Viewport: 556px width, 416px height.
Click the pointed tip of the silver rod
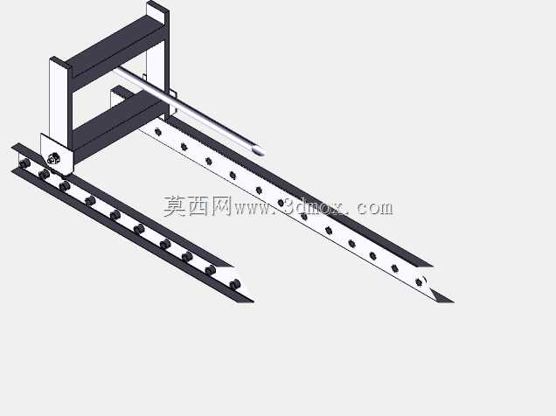pyautogui.click(x=263, y=153)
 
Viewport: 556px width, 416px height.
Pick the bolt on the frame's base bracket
pyautogui.click(x=53, y=158)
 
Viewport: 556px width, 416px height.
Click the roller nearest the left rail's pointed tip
pyautogui.click(x=234, y=284)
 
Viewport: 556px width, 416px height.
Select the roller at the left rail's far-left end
pyautogui.click(x=24, y=163)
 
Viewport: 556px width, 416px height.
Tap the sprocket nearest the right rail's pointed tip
pyautogui.click(x=420, y=282)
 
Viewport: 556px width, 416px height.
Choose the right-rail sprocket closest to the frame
pyautogui.click(x=158, y=132)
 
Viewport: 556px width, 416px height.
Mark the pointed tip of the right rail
pyautogui.click(x=453, y=302)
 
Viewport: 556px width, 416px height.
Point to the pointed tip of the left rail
pyautogui.click(x=253, y=302)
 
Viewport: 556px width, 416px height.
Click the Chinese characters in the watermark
pyautogui.click(x=198, y=206)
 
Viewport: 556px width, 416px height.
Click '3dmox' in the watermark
pyautogui.click(x=313, y=207)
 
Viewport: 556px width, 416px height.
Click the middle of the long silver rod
pyautogui.click(x=188, y=110)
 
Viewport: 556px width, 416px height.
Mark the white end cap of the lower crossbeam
pyautogui.click(x=116, y=95)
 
